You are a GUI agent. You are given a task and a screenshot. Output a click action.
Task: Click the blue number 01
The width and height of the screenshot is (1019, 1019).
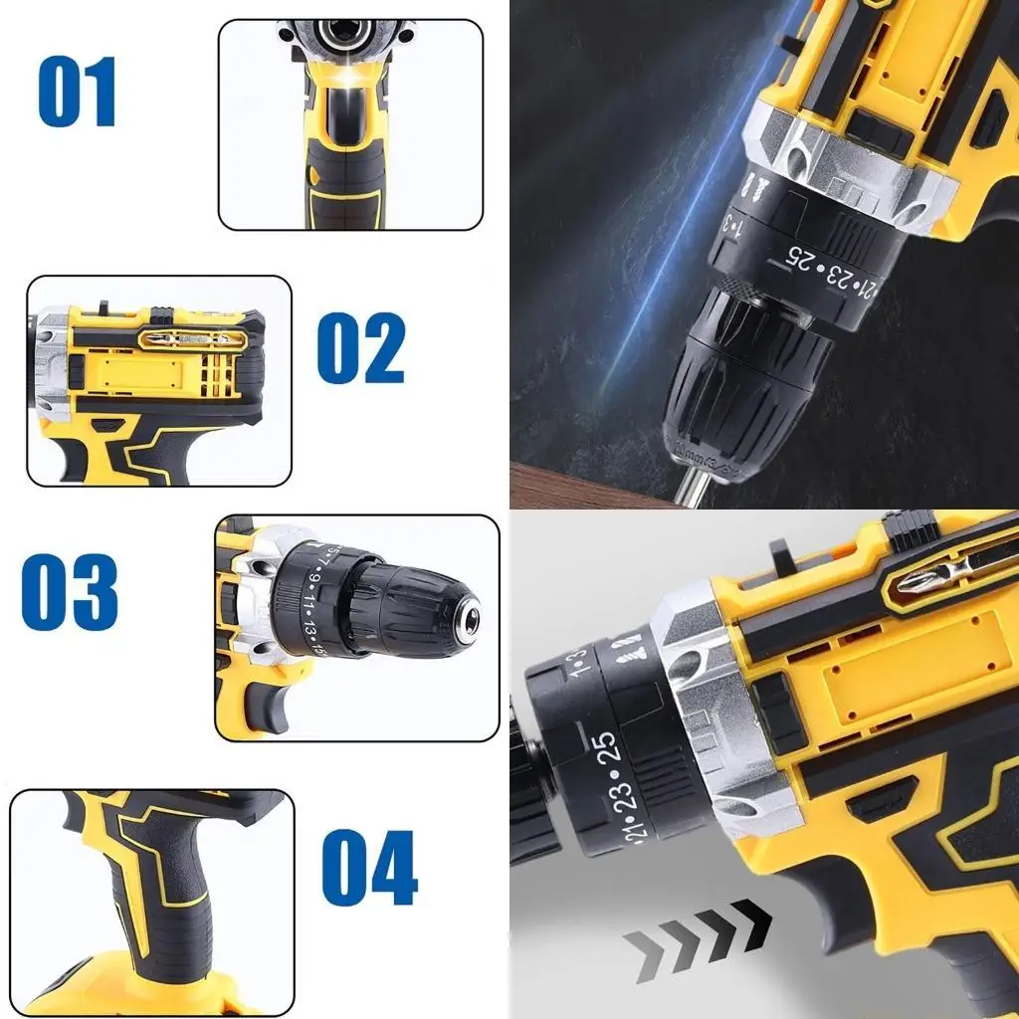[x=78, y=93]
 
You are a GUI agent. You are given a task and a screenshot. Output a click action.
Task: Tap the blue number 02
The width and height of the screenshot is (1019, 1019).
[x=360, y=348]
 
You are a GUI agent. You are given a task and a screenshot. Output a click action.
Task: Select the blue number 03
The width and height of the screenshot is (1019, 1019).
[x=70, y=592]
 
